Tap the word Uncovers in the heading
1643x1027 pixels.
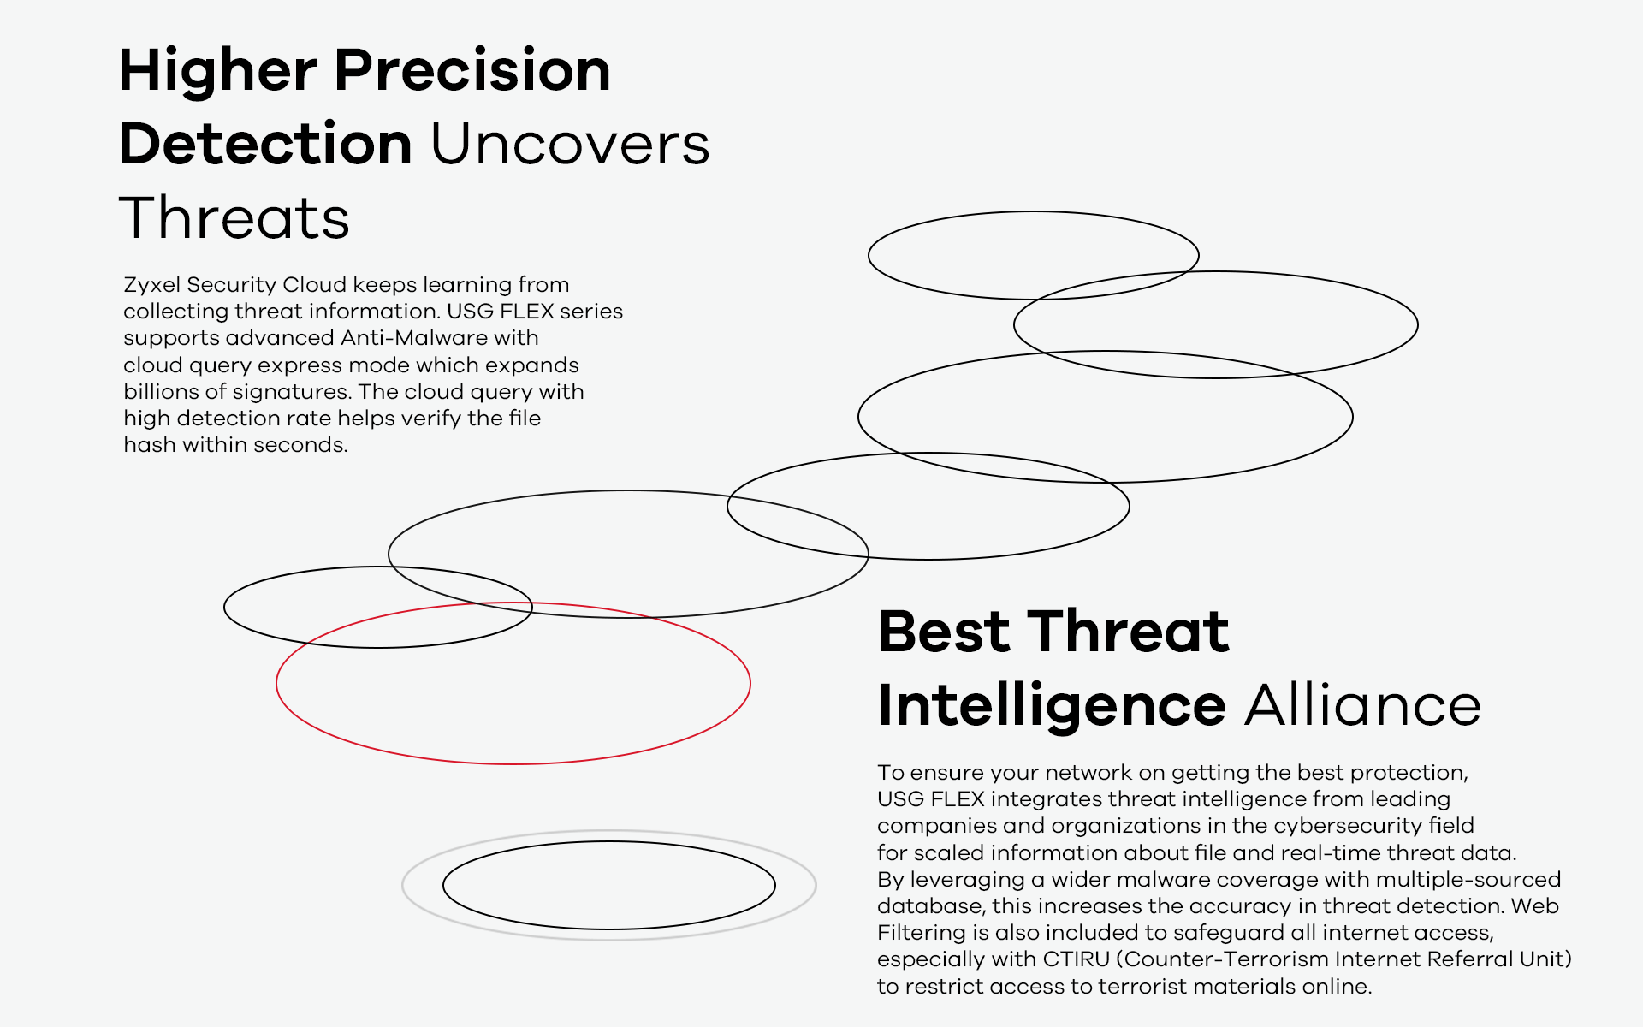pos(570,143)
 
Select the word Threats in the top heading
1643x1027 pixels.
pos(234,217)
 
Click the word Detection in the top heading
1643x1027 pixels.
pos(265,143)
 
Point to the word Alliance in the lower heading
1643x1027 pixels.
pos(1363,705)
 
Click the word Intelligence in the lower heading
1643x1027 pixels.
pos(1053,707)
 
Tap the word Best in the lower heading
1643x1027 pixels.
pos(945,632)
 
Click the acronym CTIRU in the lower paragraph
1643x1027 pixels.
pos(1076,959)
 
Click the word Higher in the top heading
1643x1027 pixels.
pos(218,72)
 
